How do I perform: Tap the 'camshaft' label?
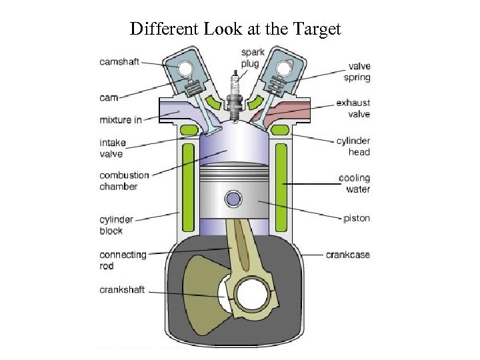(119, 61)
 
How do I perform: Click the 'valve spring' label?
(360, 71)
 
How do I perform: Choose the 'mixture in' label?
(121, 119)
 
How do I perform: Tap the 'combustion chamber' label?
(124, 181)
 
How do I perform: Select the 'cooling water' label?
(354, 183)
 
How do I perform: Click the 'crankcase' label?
(347, 255)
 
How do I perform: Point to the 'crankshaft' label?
(122, 290)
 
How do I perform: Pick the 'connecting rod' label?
(123, 260)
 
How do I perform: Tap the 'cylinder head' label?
(353, 147)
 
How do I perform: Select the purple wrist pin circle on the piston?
(233, 199)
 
